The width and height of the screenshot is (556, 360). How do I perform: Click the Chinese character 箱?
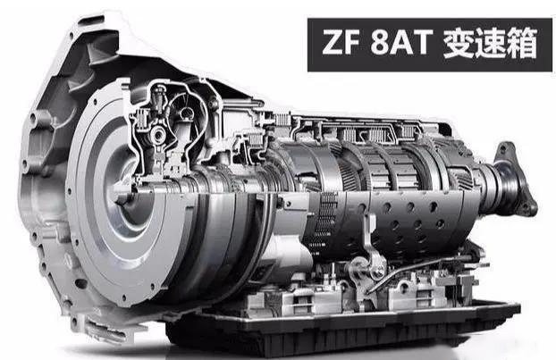(521, 43)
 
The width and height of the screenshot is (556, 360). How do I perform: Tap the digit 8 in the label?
(379, 43)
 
